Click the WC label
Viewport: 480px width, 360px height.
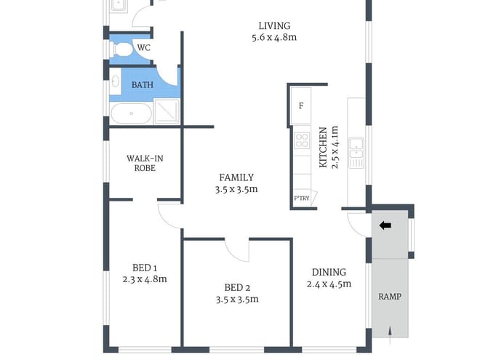pos(144,48)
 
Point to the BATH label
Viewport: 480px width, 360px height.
pos(143,85)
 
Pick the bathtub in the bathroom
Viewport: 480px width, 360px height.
pos(131,113)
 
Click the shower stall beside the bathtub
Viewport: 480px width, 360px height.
pos(166,112)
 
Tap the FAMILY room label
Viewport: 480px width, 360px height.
pos(236,177)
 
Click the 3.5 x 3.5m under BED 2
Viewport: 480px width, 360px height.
pos(236,299)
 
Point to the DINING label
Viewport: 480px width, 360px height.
pos(329,272)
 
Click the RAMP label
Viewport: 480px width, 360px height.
pos(390,297)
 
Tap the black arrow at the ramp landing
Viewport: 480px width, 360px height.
pos(385,225)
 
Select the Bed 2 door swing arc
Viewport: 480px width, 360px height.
pos(237,249)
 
